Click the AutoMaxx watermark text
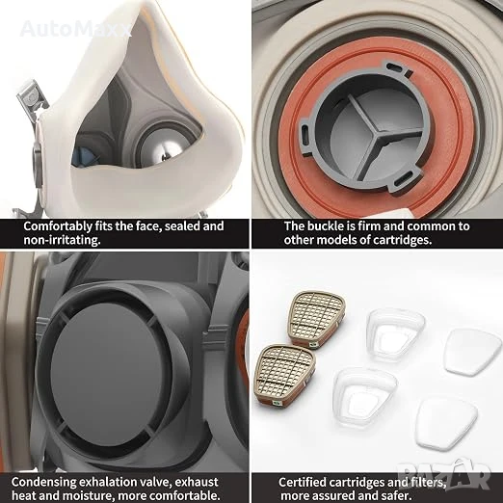pos(75,29)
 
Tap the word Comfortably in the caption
pos(58,226)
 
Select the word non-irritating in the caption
pos(62,240)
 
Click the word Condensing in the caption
pos(43,482)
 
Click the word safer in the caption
pos(396,495)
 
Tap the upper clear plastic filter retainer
pos(395,334)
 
